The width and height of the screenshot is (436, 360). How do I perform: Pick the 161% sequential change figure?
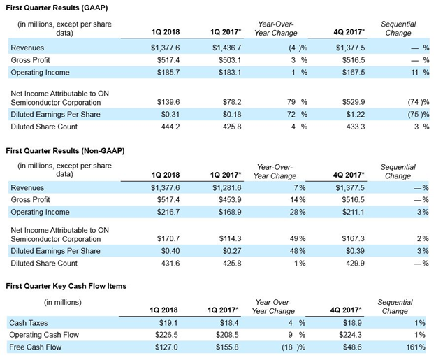coord(416,347)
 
